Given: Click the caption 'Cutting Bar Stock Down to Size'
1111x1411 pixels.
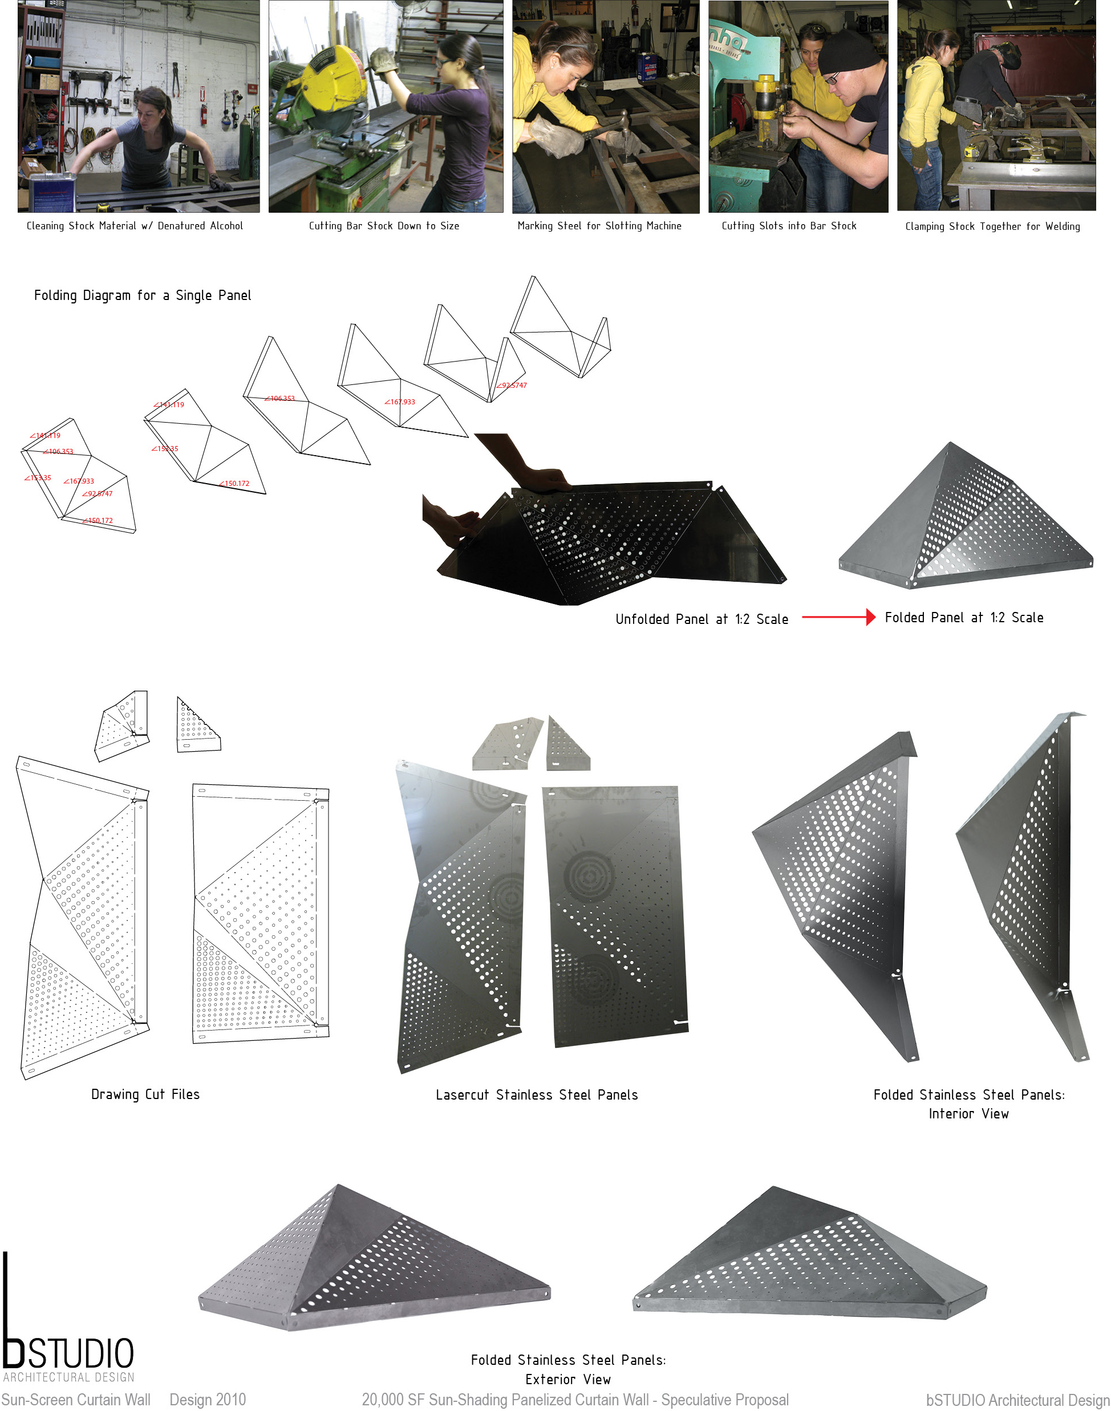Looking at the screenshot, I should click(x=384, y=226).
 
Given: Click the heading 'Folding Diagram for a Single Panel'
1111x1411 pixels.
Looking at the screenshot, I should click(x=143, y=295).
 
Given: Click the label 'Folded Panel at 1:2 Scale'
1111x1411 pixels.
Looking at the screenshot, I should click(x=963, y=617).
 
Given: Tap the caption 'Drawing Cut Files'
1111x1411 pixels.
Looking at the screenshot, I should click(x=145, y=1094).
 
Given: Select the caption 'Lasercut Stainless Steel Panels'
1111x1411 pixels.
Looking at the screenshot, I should click(x=537, y=1095).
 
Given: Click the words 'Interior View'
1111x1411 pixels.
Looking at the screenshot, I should click(x=968, y=1114).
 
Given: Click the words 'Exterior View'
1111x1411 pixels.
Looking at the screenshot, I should click(x=568, y=1379).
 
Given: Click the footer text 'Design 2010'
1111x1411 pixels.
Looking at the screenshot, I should click(x=208, y=1399).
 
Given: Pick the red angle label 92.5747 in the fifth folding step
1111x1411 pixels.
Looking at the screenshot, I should click(x=512, y=385).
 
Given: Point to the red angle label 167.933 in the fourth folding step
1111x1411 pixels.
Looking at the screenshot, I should click(x=400, y=402).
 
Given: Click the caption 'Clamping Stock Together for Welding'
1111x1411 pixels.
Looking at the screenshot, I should click(x=992, y=226).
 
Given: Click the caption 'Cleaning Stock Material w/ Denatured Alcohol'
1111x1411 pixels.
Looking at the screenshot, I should click(x=135, y=226).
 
